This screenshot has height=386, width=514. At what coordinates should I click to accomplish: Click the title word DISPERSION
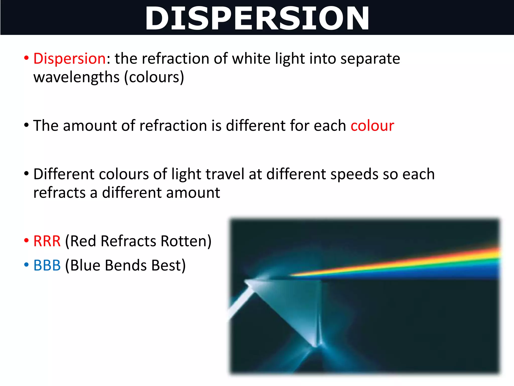pyautogui.click(x=257, y=18)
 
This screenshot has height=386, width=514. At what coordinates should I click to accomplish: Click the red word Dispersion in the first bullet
pyautogui.click(x=70, y=59)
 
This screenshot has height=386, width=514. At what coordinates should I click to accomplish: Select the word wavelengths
pyautogui.click(x=76, y=77)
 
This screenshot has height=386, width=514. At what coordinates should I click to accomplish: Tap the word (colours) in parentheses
pyautogui.click(x=154, y=77)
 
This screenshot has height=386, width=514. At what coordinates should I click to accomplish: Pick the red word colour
pyautogui.click(x=372, y=126)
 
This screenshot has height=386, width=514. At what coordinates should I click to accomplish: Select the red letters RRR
pyautogui.click(x=47, y=241)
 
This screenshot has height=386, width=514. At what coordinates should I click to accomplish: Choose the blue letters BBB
pyautogui.click(x=47, y=265)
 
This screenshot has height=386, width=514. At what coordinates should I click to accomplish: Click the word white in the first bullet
pyautogui.click(x=251, y=59)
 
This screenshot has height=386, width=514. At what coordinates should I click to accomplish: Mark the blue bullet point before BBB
pyautogui.click(x=26, y=265)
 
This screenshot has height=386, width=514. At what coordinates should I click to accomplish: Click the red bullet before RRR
pyautogui.click(x=26, y=240)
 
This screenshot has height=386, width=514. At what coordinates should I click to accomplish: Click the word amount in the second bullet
pyautogui.click(x=90, y=126)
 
